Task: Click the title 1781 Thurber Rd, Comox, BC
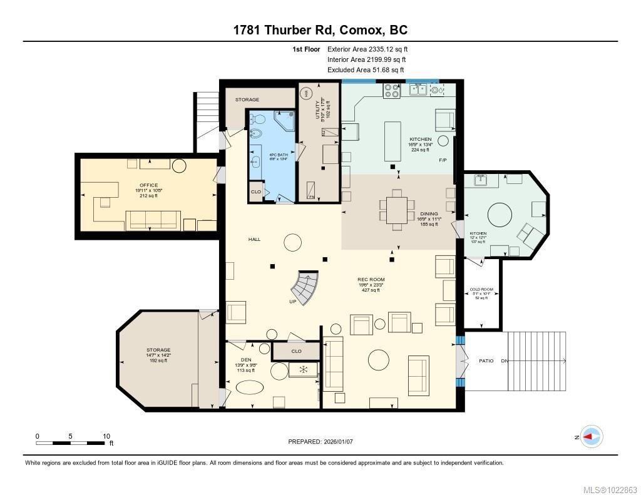point(320,30)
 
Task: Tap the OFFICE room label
point(149,185)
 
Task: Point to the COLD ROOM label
point(481,290)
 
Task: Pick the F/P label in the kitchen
point(443,161)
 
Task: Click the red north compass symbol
point(591,437)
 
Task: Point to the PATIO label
point(486,361)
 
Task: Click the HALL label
point(254,240)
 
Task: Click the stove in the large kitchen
point(392,91)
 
